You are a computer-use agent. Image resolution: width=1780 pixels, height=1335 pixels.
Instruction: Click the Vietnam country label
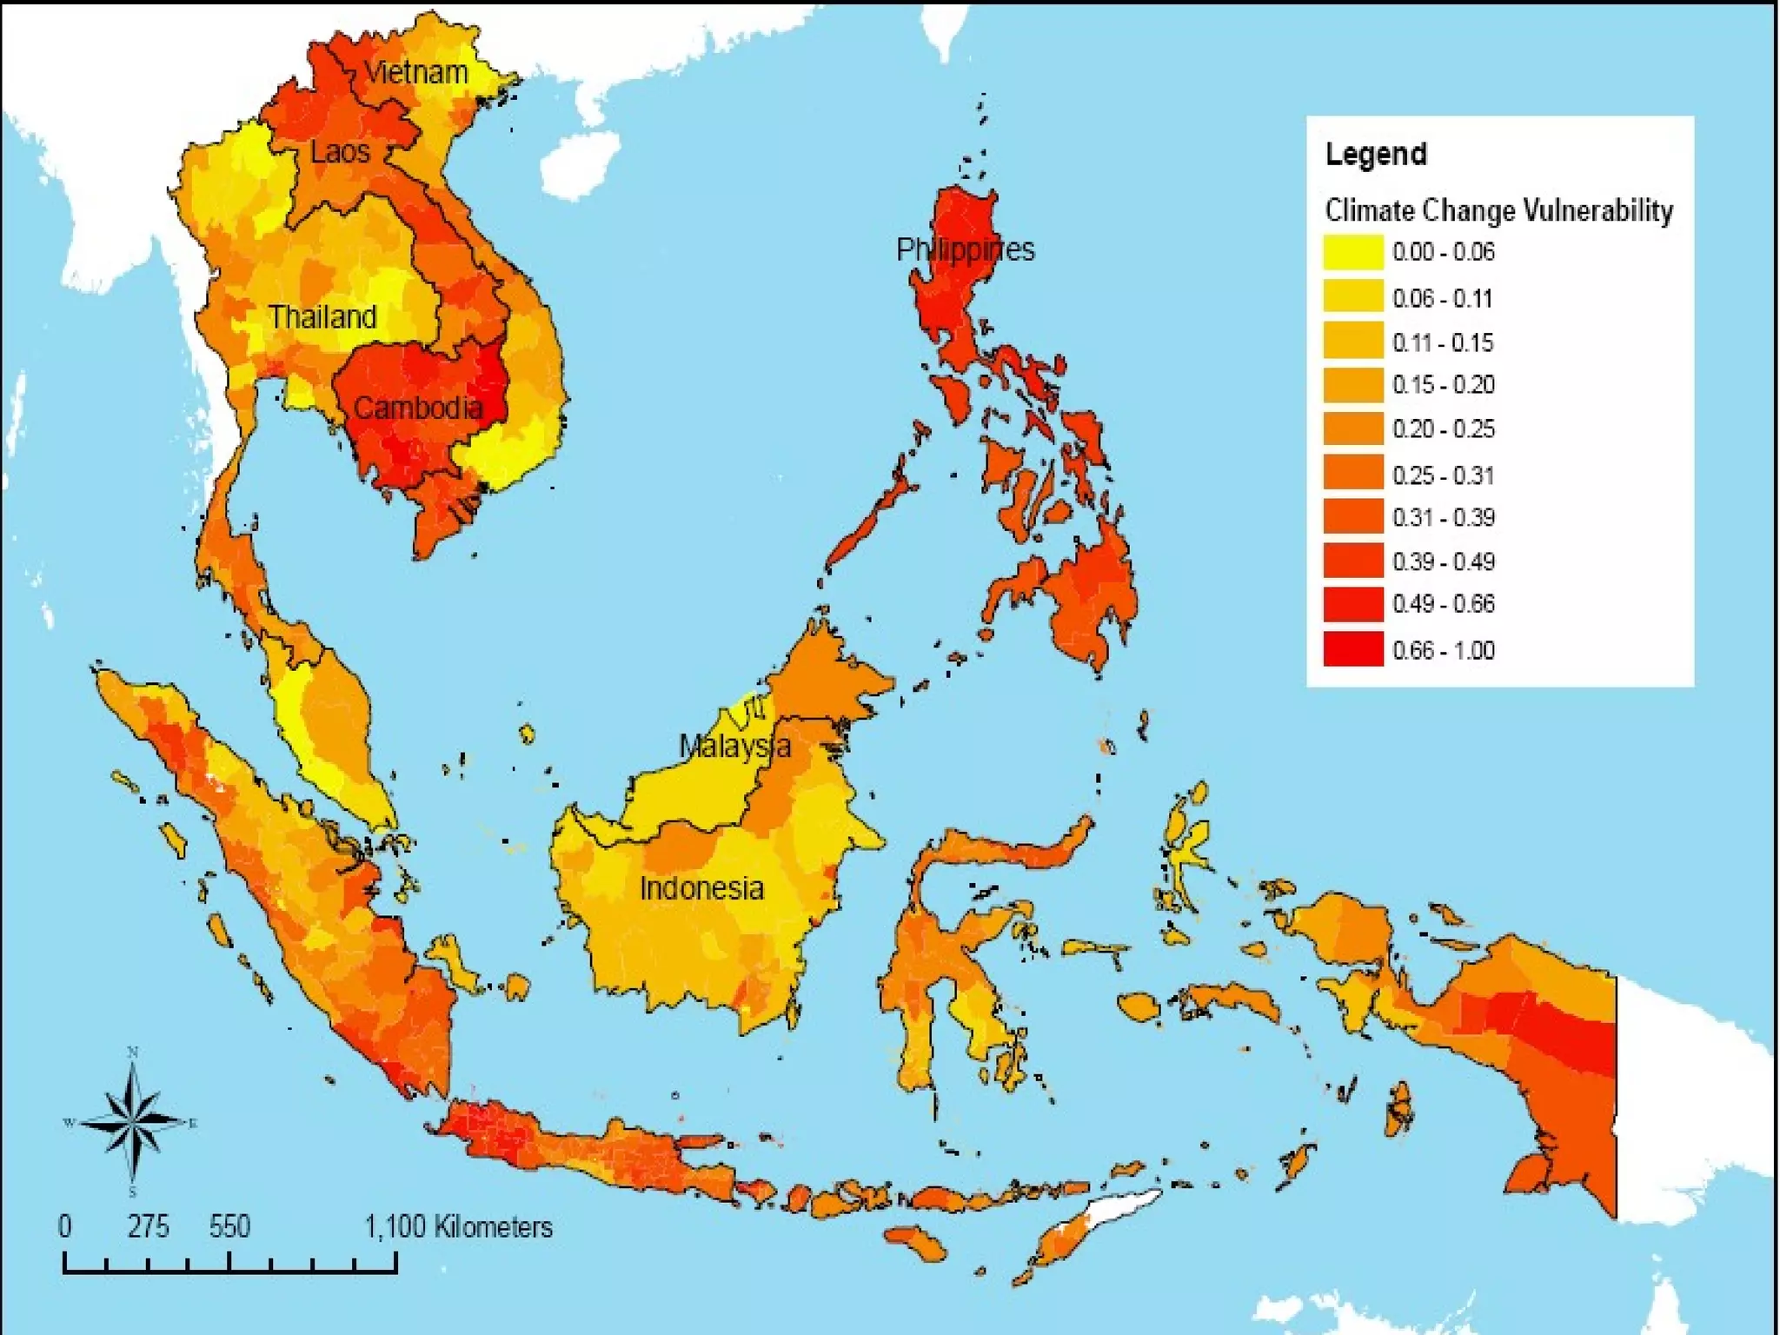click(x=415, y=72)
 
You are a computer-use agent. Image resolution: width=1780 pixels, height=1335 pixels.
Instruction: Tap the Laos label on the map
click(x=340, y=152)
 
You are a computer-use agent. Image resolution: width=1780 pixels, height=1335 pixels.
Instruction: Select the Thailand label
click(x=322, y=317)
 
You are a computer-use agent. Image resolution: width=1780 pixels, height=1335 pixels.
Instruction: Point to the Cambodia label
click(x=418, y=408)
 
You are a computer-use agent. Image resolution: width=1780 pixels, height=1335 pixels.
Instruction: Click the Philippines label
click(x=965, y=250)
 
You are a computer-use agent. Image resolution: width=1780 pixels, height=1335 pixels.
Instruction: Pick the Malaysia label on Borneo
click(x=734, y=746)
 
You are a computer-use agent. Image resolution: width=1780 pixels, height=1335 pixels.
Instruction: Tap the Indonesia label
click(x=701, y=888)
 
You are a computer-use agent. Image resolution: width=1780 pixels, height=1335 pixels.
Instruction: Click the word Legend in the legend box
click(x=1375, y=155)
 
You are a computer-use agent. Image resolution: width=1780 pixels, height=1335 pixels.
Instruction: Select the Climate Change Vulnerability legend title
click(x=1498, y=210)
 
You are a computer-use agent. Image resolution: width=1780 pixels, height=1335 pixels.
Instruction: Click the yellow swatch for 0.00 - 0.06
click(x=1352, y=252)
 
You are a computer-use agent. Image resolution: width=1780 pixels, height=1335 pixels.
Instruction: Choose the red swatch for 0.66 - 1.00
click(x=1352, y=650)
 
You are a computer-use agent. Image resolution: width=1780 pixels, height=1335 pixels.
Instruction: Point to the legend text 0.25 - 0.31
click(x=1443, y=475)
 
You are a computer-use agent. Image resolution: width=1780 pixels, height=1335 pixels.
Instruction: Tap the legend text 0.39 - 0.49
click(x=1443, y=561)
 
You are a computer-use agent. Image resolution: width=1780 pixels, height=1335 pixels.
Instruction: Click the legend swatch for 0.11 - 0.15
click(x=1352, y=341)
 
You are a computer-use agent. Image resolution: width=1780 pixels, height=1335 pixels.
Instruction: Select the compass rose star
click(x=133, y=1122)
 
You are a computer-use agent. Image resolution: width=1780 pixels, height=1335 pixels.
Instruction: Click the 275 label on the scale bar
click(x=148, y=1226)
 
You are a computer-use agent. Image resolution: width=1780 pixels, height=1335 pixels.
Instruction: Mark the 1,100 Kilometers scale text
click(x=458, y=1226)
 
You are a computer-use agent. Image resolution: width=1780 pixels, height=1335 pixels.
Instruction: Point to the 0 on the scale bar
click(x=65, y=1226)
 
